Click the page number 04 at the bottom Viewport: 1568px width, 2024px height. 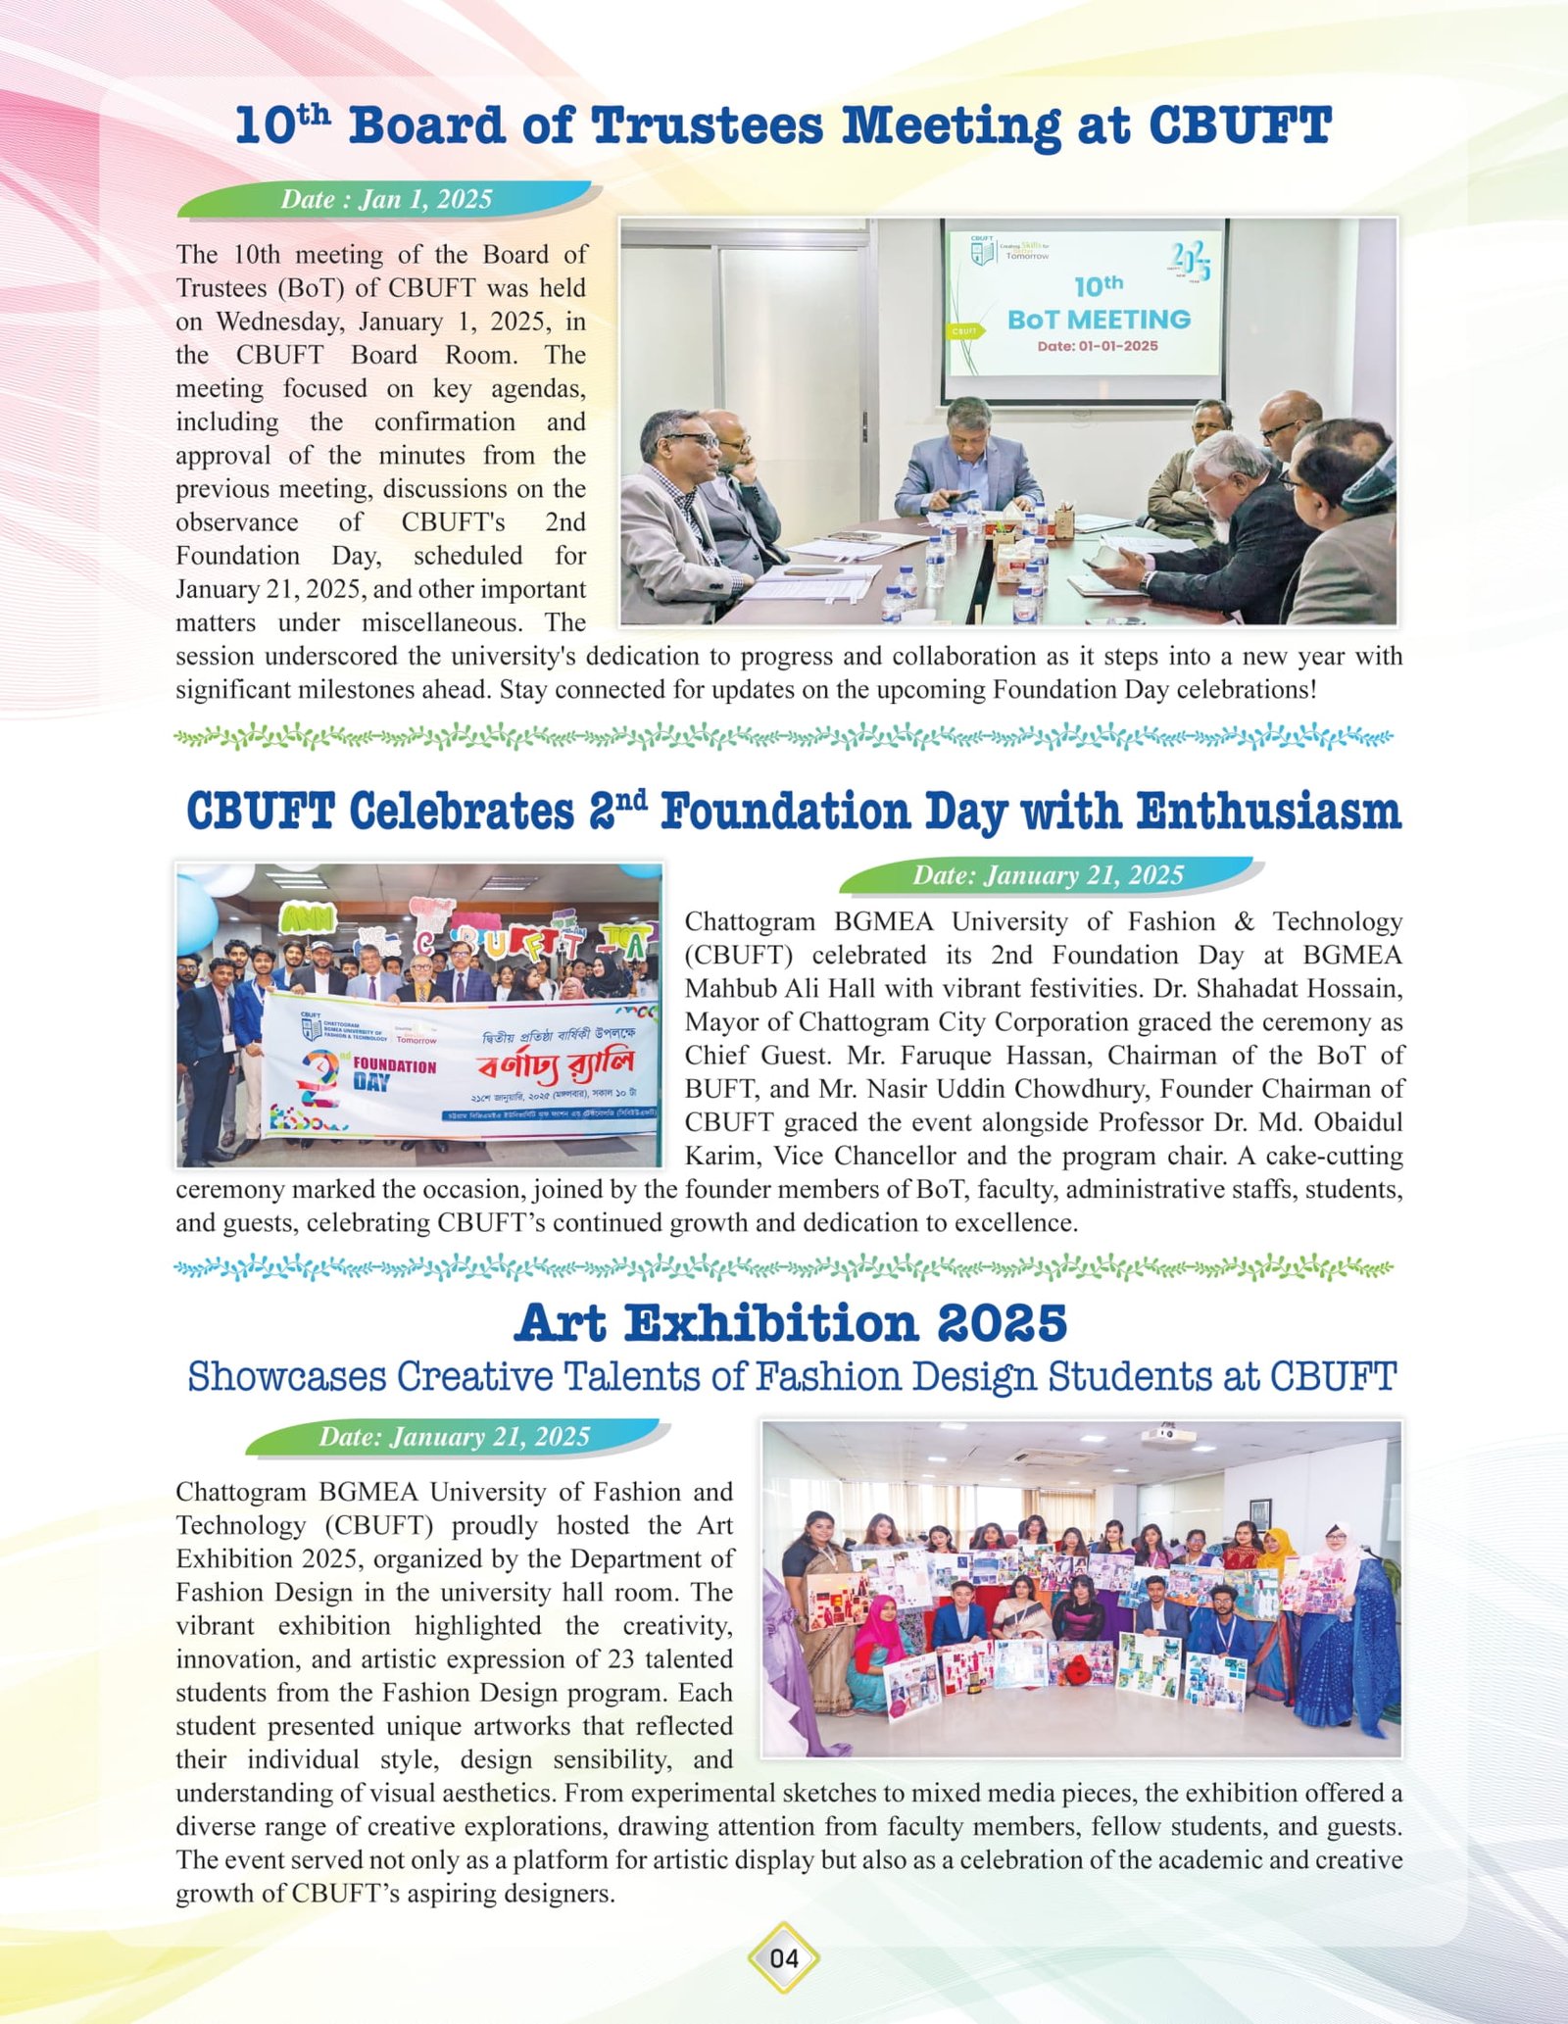click(784, 1958)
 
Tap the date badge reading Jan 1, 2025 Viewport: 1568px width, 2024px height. click(387, 200)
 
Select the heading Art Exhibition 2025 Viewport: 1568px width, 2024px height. click(790, 1324)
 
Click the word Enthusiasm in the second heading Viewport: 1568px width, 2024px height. click(1269, 813)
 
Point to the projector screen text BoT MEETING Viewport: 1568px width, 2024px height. click(1099, 320)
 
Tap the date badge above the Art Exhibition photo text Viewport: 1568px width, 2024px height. click(454, 1438)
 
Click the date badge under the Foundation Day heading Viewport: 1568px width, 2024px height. click(1048, 875)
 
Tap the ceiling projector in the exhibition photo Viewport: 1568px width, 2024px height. click(1167, 1437)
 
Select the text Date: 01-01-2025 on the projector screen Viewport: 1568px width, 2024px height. click(1098, 346)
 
